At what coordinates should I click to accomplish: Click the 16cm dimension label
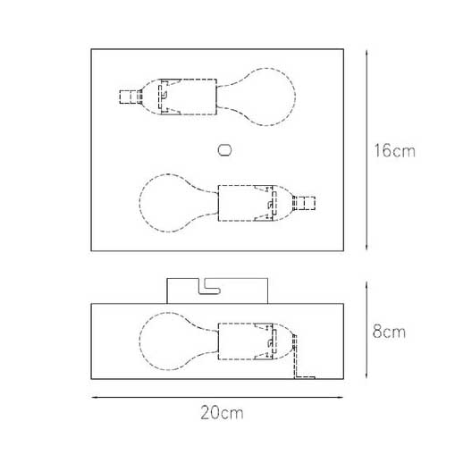pyautogui.click(x=394, y=150)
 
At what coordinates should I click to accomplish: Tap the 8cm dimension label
pyautogui.click(x=389, y=332)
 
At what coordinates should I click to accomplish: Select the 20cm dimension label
pyautogui.click(x=222, y=413)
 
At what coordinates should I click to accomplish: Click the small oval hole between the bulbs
pyautogui.click(x=224, y=150)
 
